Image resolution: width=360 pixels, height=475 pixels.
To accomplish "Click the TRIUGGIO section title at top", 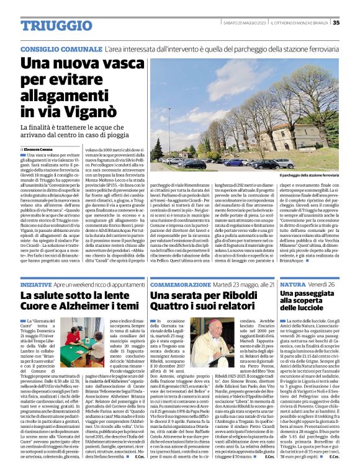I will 54,24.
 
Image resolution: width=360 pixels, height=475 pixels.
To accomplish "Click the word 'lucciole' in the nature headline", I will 299,308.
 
